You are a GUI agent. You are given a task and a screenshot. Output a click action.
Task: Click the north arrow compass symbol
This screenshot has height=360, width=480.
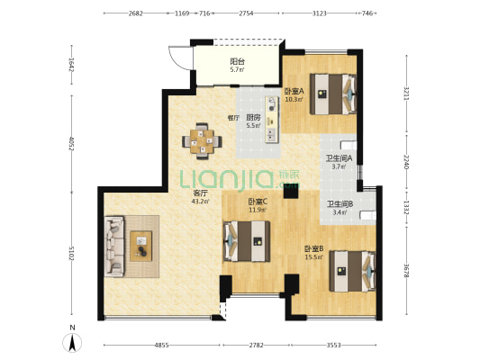[x=72, y=343]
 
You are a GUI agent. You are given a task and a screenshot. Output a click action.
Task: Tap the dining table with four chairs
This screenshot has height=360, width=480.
[x=202, y=141]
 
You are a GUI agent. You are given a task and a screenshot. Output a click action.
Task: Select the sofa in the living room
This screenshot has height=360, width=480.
[x=114, y=247]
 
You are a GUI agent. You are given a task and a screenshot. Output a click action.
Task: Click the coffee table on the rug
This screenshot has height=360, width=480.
[x=140, y=247]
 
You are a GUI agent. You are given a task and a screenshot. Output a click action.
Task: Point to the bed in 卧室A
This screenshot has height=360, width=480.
[x=333, y=94]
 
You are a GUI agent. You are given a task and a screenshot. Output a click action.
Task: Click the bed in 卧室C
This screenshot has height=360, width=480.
[x=247, y=241]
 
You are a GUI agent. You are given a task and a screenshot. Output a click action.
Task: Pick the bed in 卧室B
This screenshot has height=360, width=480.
[x=353, y=271]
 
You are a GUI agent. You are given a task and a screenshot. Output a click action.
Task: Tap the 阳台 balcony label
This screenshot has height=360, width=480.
[x=237, y=62]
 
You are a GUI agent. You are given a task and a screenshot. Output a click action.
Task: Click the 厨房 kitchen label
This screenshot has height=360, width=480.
[x=253, y=118]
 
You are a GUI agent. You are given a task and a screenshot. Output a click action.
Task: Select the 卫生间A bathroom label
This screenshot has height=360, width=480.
[x=339, y=158]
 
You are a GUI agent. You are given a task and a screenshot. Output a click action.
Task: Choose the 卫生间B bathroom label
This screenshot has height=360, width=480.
[x=340, y=204]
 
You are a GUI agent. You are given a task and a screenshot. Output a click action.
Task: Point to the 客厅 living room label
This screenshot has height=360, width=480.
[x=201, y=193]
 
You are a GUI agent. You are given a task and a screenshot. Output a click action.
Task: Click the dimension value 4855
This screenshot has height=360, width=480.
[x=161, y=346]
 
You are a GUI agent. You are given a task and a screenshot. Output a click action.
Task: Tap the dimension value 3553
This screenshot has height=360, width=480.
[x=333, y=346]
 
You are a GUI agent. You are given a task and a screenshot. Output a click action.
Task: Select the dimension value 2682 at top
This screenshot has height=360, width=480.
[x=136, y=13]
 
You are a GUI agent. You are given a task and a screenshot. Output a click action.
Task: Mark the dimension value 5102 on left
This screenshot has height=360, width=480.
[x=72, y=254]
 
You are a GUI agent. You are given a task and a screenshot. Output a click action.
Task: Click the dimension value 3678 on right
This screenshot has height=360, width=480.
[x=406, y=271]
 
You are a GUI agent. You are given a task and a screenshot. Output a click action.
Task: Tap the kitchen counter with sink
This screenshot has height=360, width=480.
[x=272, y=120]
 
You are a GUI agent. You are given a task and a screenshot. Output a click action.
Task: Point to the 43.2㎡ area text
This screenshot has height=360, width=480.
[x=201, y=202]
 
